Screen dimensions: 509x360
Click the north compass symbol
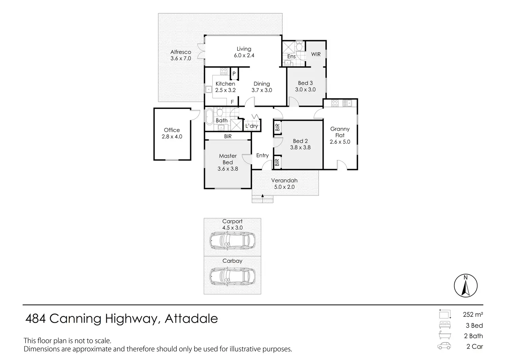(465, 286)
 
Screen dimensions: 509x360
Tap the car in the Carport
(233, 240)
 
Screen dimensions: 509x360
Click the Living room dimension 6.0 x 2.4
(244, 55)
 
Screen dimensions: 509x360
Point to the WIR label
(316, 54)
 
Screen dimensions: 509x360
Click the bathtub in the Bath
(209, 117)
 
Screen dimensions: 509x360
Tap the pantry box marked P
(234, 74)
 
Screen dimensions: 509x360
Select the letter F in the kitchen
(232, 102)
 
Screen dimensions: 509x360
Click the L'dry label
(252, 126)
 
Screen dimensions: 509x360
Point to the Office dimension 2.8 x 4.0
(172, 137)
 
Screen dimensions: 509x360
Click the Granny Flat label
(340, 132)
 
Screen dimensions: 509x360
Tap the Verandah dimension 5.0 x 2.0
(284, 187)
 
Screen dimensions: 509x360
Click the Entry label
(262, 155)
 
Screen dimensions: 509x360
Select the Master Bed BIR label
(228, 137)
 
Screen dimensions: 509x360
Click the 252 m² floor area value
(473, 314)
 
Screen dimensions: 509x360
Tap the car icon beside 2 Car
(444, 346)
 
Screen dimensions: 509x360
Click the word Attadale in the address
(191, 319)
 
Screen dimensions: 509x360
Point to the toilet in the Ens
(299, 46)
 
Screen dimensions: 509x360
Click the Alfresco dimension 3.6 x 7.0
(181, 58)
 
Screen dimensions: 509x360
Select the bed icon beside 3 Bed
(444, 325)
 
